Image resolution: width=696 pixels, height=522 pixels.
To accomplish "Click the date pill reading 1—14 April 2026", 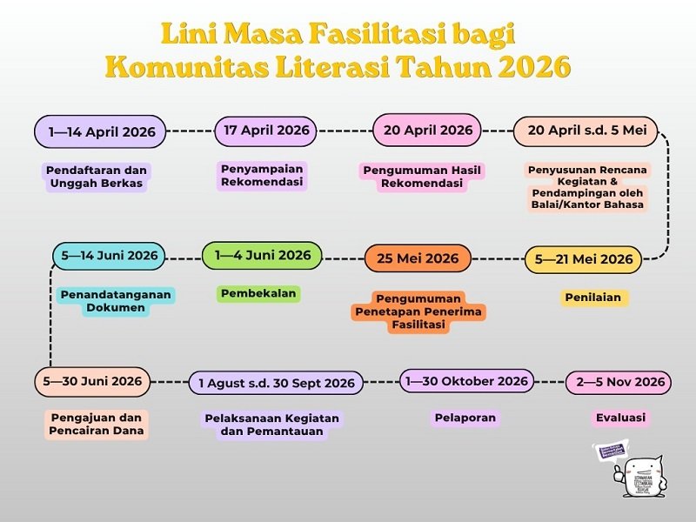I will click(101, 132).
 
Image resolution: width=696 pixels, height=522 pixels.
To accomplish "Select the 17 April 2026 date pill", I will click(266, 130).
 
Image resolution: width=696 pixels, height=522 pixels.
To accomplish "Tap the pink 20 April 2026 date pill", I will click(427, 130).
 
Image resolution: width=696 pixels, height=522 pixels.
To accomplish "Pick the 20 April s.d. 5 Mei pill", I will click(587, 130).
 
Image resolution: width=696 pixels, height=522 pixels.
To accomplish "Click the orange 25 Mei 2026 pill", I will click(418, 258).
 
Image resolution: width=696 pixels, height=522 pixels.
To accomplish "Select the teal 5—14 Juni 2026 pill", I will click(109, 256).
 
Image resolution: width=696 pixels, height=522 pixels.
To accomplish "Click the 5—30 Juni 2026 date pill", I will click(92, 381).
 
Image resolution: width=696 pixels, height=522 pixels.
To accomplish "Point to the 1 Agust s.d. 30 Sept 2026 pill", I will click(276, 383).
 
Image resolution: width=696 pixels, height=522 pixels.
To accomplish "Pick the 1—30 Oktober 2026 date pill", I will click(467, 381).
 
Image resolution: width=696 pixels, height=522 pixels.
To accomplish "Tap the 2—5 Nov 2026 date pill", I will click(620, 382).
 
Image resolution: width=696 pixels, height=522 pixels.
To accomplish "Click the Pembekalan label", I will click(258, 294).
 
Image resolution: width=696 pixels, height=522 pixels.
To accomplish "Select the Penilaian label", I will click(593, 298).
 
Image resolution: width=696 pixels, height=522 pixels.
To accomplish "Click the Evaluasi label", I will click(620, 418).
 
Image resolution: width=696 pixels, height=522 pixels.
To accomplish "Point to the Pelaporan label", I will click(465, 418).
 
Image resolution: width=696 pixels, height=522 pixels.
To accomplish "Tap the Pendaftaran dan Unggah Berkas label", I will click(96, 177).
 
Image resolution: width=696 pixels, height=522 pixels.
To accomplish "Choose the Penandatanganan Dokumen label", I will click(116, 301).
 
